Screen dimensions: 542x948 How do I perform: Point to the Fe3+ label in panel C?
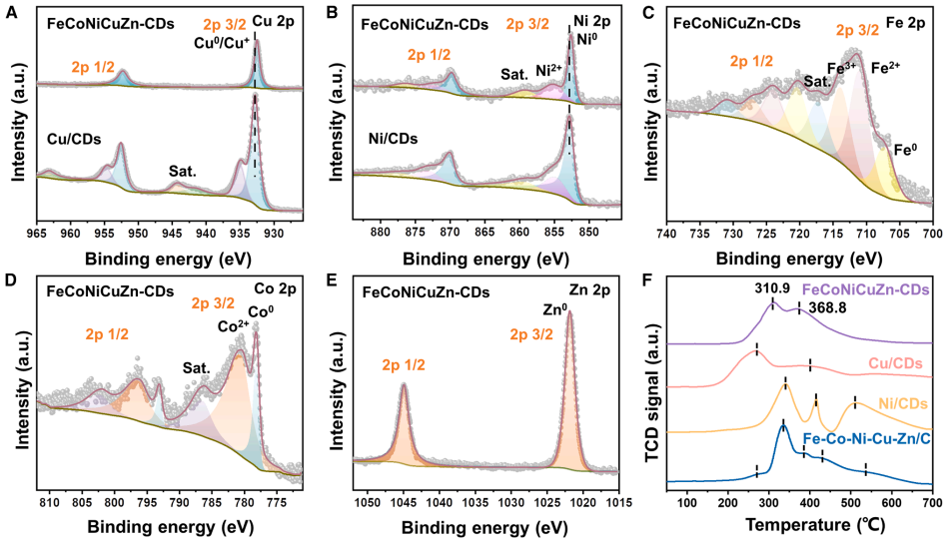(x=842, y=68)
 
